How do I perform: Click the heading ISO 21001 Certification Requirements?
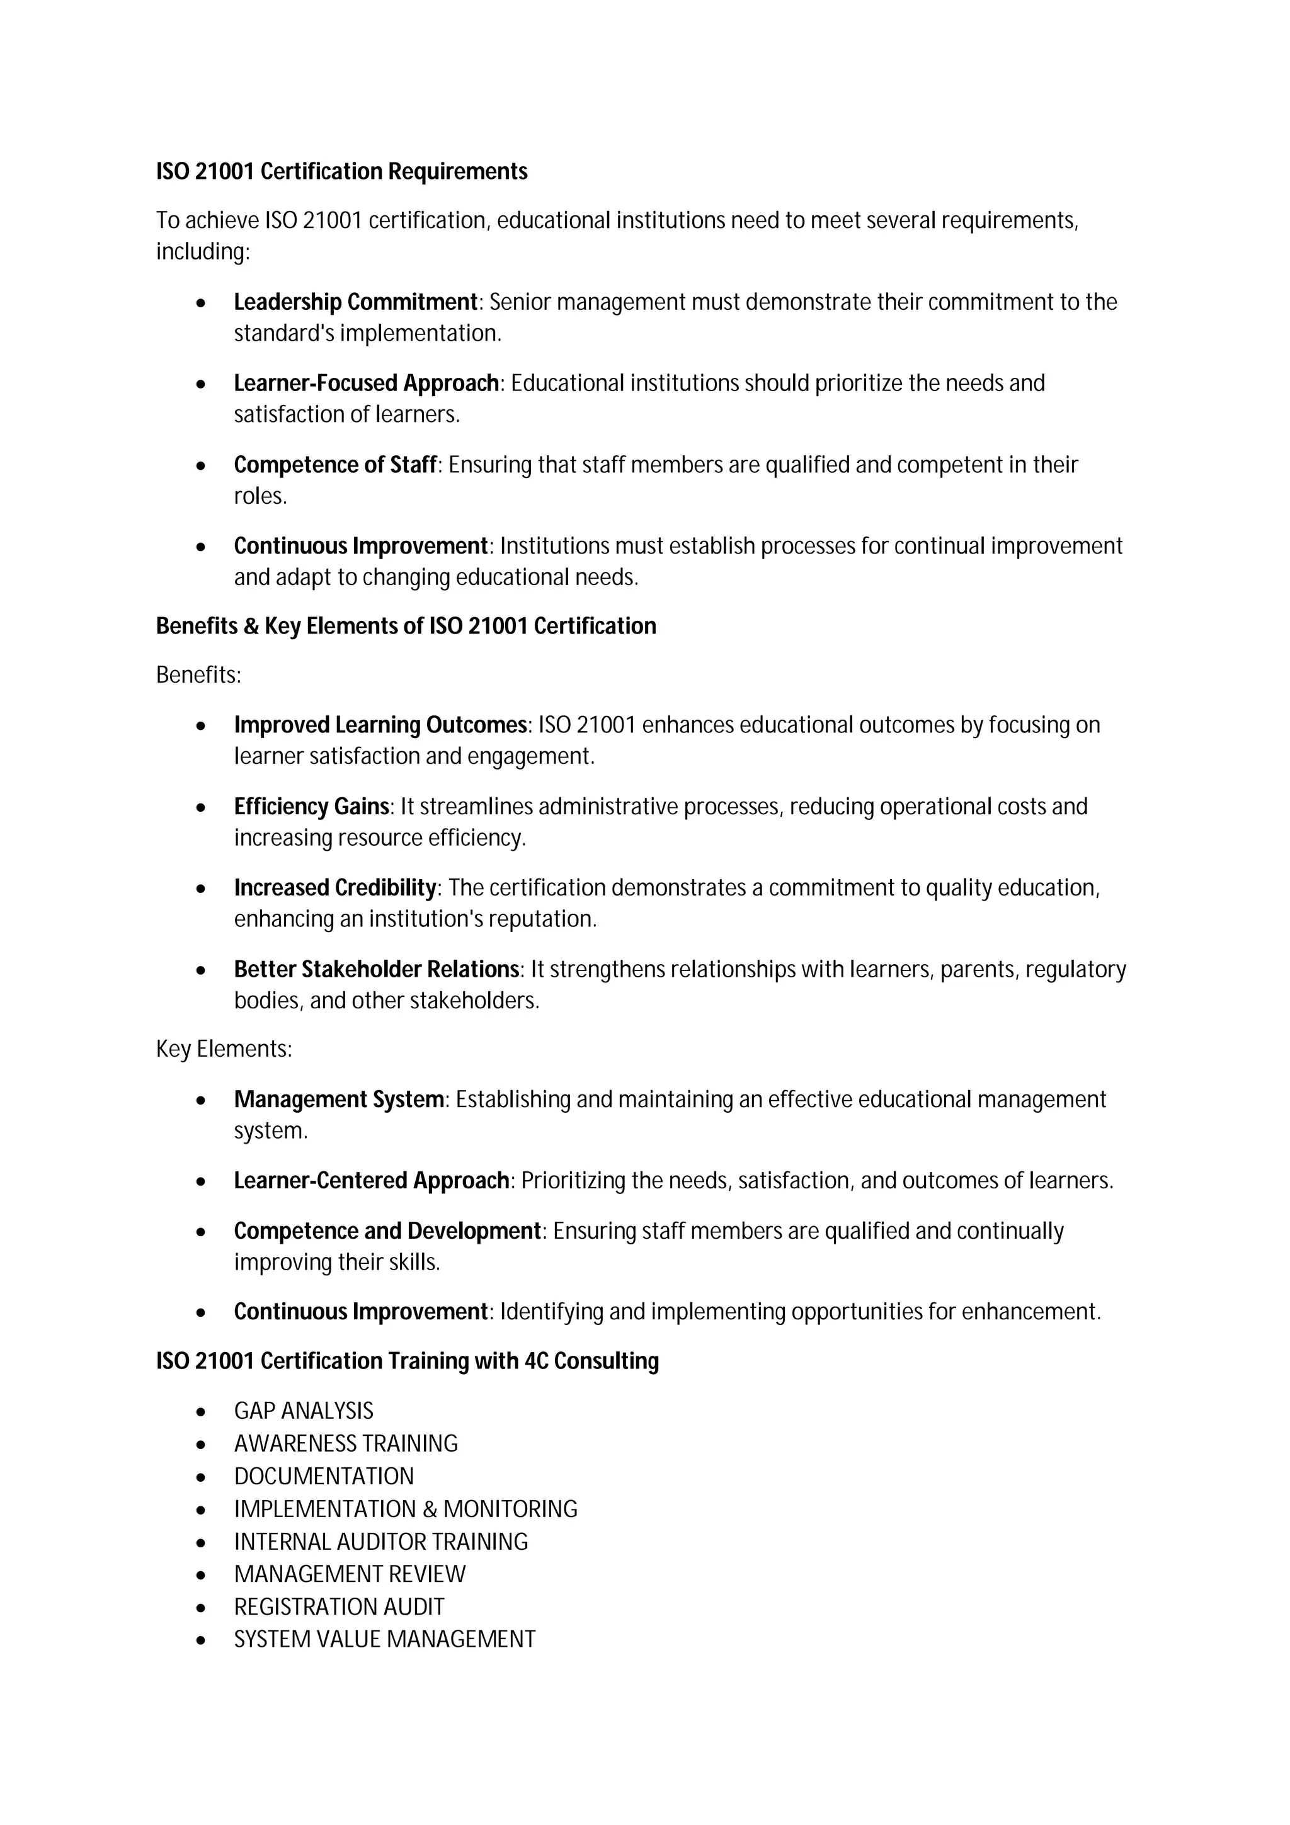pyautogui.click(x=342, y=172)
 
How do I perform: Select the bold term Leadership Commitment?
pyautogui.click(x=355, y=302)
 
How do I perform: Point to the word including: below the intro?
pyautogui.click(x=203, y=252)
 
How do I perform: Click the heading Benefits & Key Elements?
pyautogui.click(x=406, y=627)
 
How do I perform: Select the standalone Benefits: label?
pyautogui.click(x=198, y=676)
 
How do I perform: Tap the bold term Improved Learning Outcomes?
pyautogui.click(x=380, y=725)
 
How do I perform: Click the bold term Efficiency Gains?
pyautogui.click(x=311, y=807)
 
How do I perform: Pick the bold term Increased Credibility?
pyautogui.click(x=334, y=888)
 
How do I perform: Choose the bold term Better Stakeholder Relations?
pyautogui.click(x=376, y=970)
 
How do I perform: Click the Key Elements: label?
pyautogui.click(x=224, y=1050)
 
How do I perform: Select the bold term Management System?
pyautogui.click(x=339, y=1100)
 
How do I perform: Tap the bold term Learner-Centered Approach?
pyautogui.click(x=371, y=1181)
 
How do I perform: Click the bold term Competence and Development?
pyautogui.click(x=387, y=1231)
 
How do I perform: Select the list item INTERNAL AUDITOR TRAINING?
pyautogui.click(x=380, y=1542)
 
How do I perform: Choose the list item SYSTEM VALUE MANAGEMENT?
pyautogui.click(x=385, y=1640)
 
